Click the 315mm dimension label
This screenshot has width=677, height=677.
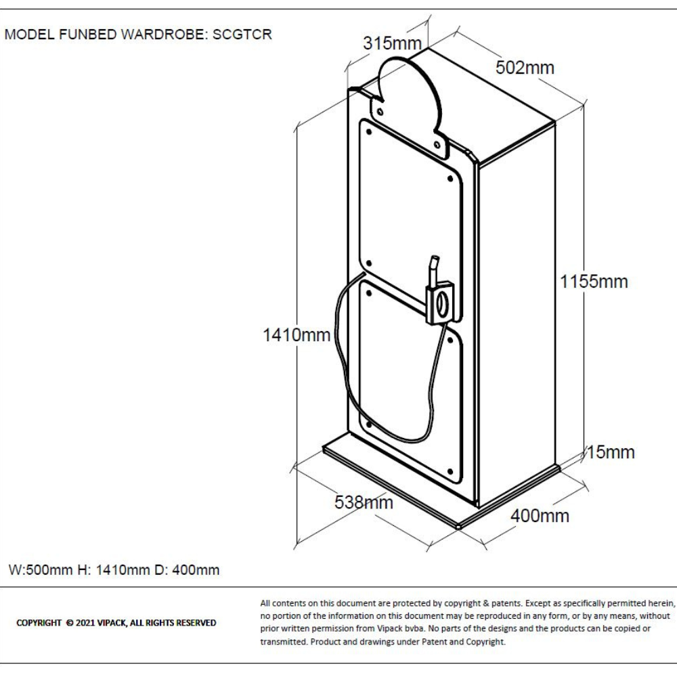pyautogui.click(x=392, y=44)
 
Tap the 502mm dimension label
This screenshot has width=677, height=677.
pyautogui.click(x=525, y=68)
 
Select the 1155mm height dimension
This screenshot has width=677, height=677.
pyautogui.click(x=594, y=282)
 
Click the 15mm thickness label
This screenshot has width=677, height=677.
pyautogui.click(x=611, y=452)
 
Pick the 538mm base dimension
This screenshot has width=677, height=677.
pyautogui.click(x=364, y=502)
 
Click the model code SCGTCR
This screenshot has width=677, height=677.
pyautogui.click(x=242, y=35)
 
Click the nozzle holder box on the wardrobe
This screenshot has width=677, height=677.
pyautogui.click(x=441, y=304)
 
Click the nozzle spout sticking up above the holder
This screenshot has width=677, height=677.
pyautogui.click(x=434, y=267)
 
